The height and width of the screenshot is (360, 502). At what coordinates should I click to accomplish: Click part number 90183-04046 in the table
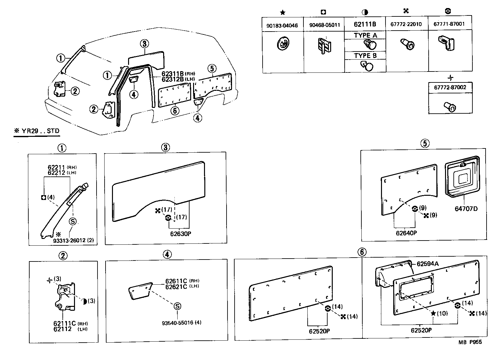pyautogui.click(x=282, y=25)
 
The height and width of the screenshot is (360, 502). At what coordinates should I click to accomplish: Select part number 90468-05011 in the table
pyautogui.click(x=324, y=25)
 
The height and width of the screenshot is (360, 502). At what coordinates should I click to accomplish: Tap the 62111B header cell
pyautogui.click(x=365, y=24)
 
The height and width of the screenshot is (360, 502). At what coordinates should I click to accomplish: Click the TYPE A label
pyautogui.click(x=365, y=35)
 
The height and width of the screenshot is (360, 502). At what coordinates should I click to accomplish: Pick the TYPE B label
pyautogui.click(x=365, y=55)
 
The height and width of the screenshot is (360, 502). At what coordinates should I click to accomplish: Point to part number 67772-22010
pyautogui.click(x=407, y=24)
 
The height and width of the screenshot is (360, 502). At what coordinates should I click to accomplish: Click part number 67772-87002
pyautogui.click(x=450, y=87)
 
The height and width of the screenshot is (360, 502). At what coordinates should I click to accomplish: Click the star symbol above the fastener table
pyautogui.click(x=283, y=13)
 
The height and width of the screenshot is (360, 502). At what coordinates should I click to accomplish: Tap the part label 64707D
pyautogui.click(x=466, y=209)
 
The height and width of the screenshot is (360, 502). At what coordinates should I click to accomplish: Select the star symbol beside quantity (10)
pyautogui.click(x=433, y=313)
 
